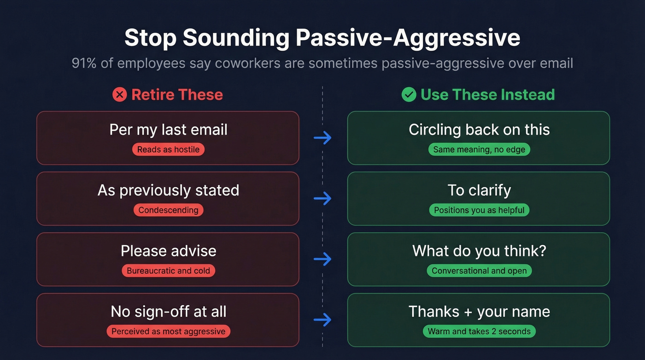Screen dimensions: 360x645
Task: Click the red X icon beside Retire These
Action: pos(119,95)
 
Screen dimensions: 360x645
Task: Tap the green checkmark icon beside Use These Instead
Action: pos(409,95)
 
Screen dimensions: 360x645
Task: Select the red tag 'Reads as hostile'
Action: pos(168,149)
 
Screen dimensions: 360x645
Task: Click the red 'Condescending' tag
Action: pos(168,210)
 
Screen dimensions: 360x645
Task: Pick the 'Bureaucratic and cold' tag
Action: pos(168,271)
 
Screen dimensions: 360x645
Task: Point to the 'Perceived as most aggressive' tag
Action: pos(168,331)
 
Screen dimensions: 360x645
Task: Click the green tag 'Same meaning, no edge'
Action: pos(479,149)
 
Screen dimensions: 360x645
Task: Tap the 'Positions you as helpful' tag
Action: pos(479,210)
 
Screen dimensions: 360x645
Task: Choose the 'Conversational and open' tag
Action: pos(479,271)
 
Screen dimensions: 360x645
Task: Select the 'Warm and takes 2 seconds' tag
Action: pos(479,331)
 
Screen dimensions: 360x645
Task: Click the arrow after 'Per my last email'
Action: pos(322,137)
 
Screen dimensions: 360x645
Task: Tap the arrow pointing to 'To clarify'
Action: pos(322,198)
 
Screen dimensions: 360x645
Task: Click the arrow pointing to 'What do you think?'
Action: pos(322,259)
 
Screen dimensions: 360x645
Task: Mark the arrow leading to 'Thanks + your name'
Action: pos(322,319)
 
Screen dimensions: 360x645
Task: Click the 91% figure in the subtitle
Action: pos(84,63)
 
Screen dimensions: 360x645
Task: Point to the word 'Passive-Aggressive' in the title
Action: pos(408,38)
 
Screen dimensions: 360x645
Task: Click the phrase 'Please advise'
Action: pos(168,251)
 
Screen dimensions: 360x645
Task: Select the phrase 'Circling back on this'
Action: pos(479,130)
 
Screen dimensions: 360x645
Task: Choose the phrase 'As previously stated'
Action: pos(168,190)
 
